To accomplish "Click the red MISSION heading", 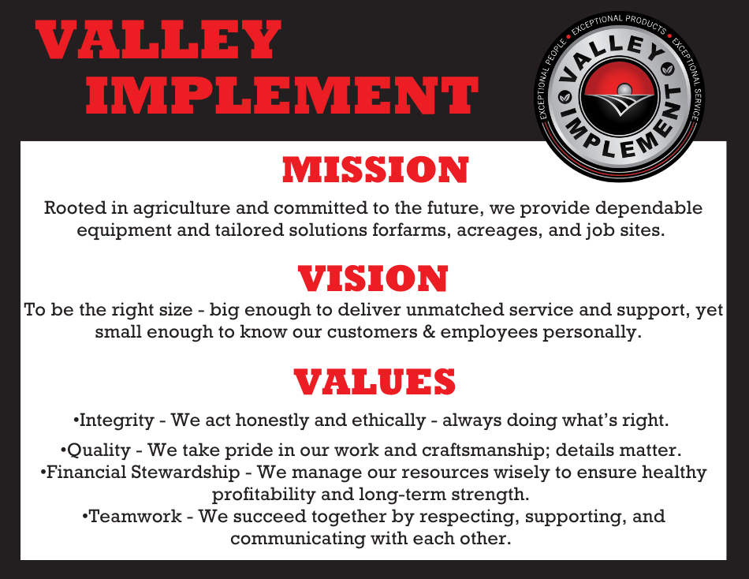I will [x=375, y=170].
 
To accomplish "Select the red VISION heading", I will [x=373, y=278].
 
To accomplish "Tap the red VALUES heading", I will [x=374, y=382].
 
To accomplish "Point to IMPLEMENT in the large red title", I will [x=282, y=95].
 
